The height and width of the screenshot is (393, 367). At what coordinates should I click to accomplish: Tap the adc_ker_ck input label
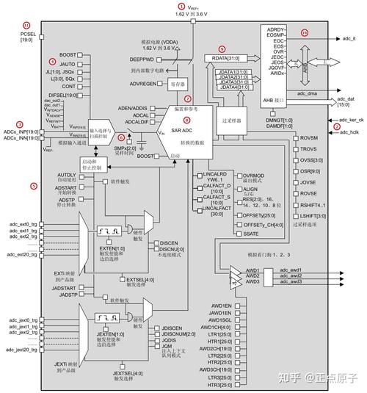point(352,118)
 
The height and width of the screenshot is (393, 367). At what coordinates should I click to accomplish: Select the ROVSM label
point(309,138)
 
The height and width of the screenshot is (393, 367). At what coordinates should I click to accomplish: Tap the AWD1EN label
point(220,305)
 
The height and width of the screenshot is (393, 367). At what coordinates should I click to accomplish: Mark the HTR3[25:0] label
point(219,386)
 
